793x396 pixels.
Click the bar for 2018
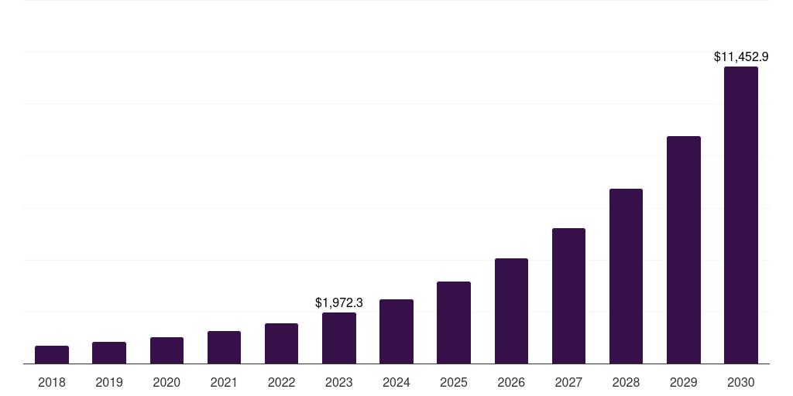click(52, 355)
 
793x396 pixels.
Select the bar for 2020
click(166, 350)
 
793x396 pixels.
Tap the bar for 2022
click(281, 343)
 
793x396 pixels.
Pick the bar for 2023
click(339, 338)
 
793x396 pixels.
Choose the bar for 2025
click(454, 323)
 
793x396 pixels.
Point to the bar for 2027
click(568, 295)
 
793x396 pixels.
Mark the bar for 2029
click(684, 250)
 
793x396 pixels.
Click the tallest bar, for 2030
click(741, 215)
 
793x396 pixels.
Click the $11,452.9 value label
click(741, 56)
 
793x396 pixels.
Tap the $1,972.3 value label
click(339, 302)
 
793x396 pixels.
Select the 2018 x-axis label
click(52, 382)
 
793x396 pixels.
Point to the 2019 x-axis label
click(109, 382)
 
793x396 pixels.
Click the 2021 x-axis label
click(224, 382)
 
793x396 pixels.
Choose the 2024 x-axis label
click(396, 382)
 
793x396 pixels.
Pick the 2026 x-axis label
click(511, 382)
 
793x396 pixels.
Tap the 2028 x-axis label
click(626, 382)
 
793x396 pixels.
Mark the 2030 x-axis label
click(741, 382)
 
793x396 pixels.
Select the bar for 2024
click(396, 331)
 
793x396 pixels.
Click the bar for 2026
click(511, 311)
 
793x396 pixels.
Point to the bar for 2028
click(626, 276)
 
